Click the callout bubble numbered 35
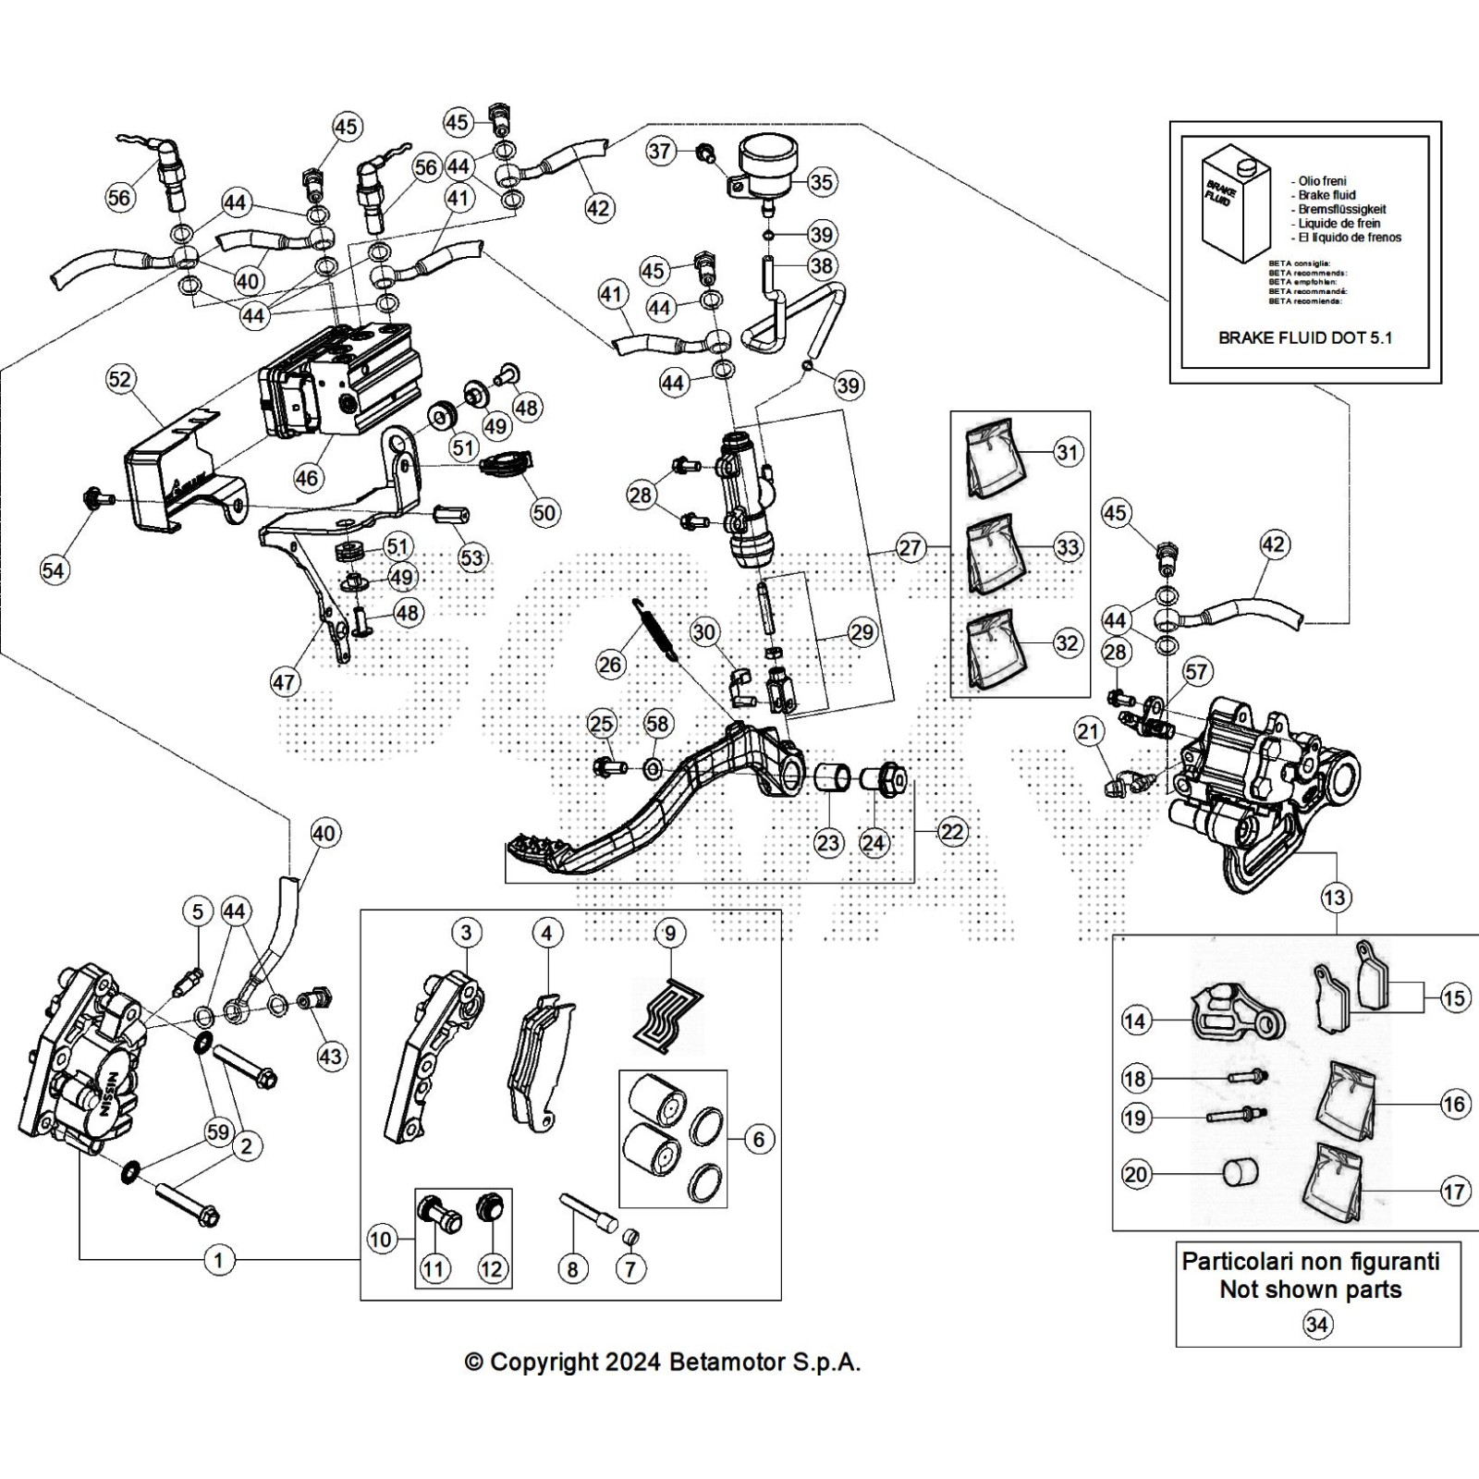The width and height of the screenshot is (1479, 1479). click(x=821, y=182)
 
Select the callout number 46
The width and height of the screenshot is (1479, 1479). click(x=307, y=477)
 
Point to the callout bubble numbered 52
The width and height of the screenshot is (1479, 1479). click(x=120, y=379)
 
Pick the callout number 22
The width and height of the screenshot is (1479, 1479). click(x=952, y=831)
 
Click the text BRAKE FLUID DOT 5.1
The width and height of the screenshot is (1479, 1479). click(x=1304, y=338)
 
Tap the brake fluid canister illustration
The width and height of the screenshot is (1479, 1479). click(x=1235, y=209)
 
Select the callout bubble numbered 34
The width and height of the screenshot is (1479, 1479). click(x=1316, y=1325)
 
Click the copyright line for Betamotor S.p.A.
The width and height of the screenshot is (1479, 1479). click(x=662, y=1362)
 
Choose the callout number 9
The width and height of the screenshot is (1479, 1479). click(x=670, y=934)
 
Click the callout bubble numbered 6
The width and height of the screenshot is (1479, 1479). click(x=759, y=1140)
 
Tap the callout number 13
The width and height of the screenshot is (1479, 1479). click(x=1335, y=897)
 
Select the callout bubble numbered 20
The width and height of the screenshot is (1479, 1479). click(x=1135, y=1175)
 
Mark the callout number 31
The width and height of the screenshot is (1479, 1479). click(x=1068, y=453)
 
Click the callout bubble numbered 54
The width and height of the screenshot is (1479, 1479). click(x=54, y=570)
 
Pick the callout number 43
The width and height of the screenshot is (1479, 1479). click(x=330, y=1057)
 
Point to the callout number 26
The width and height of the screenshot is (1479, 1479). click(x=610, y=664)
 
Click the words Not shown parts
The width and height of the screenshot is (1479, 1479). click(x=1310, y=1290)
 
